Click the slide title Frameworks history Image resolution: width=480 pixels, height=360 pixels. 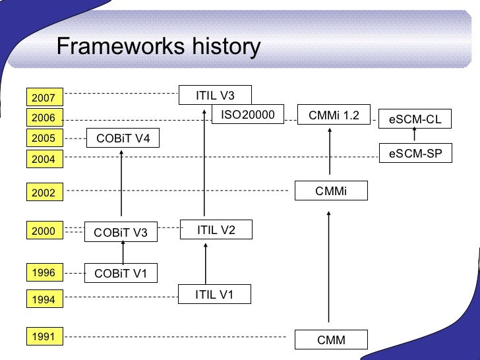point(158,47)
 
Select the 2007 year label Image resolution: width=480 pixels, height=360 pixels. point(44,98)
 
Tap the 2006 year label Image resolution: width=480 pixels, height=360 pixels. point(44,118)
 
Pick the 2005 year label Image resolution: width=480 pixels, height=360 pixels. point(44,138)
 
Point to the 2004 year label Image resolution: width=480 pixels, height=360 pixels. point(44,159)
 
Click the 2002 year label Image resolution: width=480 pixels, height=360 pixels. point(44,193)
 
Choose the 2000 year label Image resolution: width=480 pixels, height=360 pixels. point(44,231)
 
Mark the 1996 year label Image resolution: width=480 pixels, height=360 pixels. point(44,272)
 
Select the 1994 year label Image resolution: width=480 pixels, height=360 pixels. point(44,300)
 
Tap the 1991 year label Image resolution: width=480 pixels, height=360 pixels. point(44,337)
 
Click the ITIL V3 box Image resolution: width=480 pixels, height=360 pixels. point(215,96)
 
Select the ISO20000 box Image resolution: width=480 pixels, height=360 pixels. point(247,115)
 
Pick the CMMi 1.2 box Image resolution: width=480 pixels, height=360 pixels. point(334,115)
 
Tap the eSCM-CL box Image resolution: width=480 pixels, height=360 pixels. point(415,119)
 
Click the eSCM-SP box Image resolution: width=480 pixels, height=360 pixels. point(415,154)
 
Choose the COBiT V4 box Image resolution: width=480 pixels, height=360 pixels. point(123,138)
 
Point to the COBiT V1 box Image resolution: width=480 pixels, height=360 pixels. point(121,273)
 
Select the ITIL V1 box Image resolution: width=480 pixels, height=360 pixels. point(215,294)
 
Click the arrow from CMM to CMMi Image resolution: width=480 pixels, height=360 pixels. point(328,267)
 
